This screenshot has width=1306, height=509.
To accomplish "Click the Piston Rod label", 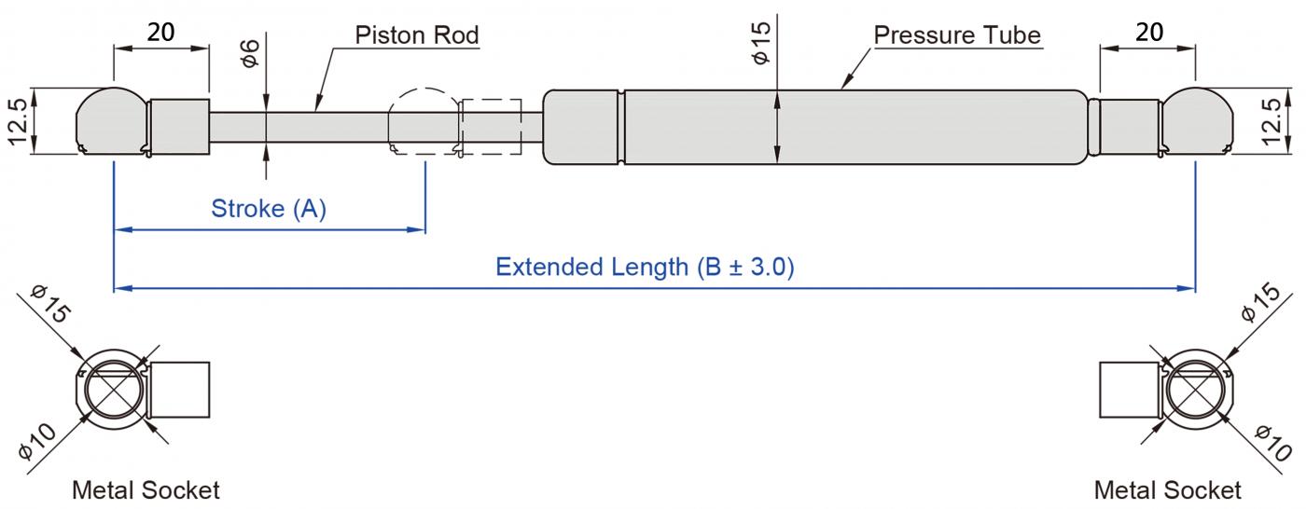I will pos(416,36).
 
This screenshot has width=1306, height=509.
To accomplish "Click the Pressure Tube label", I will pos(957,36).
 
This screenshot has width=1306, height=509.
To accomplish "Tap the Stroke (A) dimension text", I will pos(269,209).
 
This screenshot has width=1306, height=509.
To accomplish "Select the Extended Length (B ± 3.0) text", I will pos(645,268).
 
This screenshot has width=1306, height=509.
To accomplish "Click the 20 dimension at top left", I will pos(160,33).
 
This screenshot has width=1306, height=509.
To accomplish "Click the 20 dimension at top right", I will pos(1149,33).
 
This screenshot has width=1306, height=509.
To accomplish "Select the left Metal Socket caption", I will pos(146,490).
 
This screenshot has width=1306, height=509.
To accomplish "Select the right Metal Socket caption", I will pos(1168,490).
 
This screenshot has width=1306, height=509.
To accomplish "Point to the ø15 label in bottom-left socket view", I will pos(49,305).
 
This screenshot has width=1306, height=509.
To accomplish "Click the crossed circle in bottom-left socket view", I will pos(110,389).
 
